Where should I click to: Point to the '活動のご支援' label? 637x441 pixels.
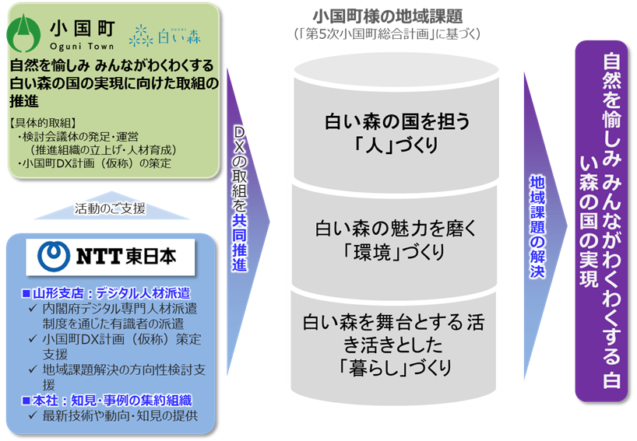click(x=110, y=208)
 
